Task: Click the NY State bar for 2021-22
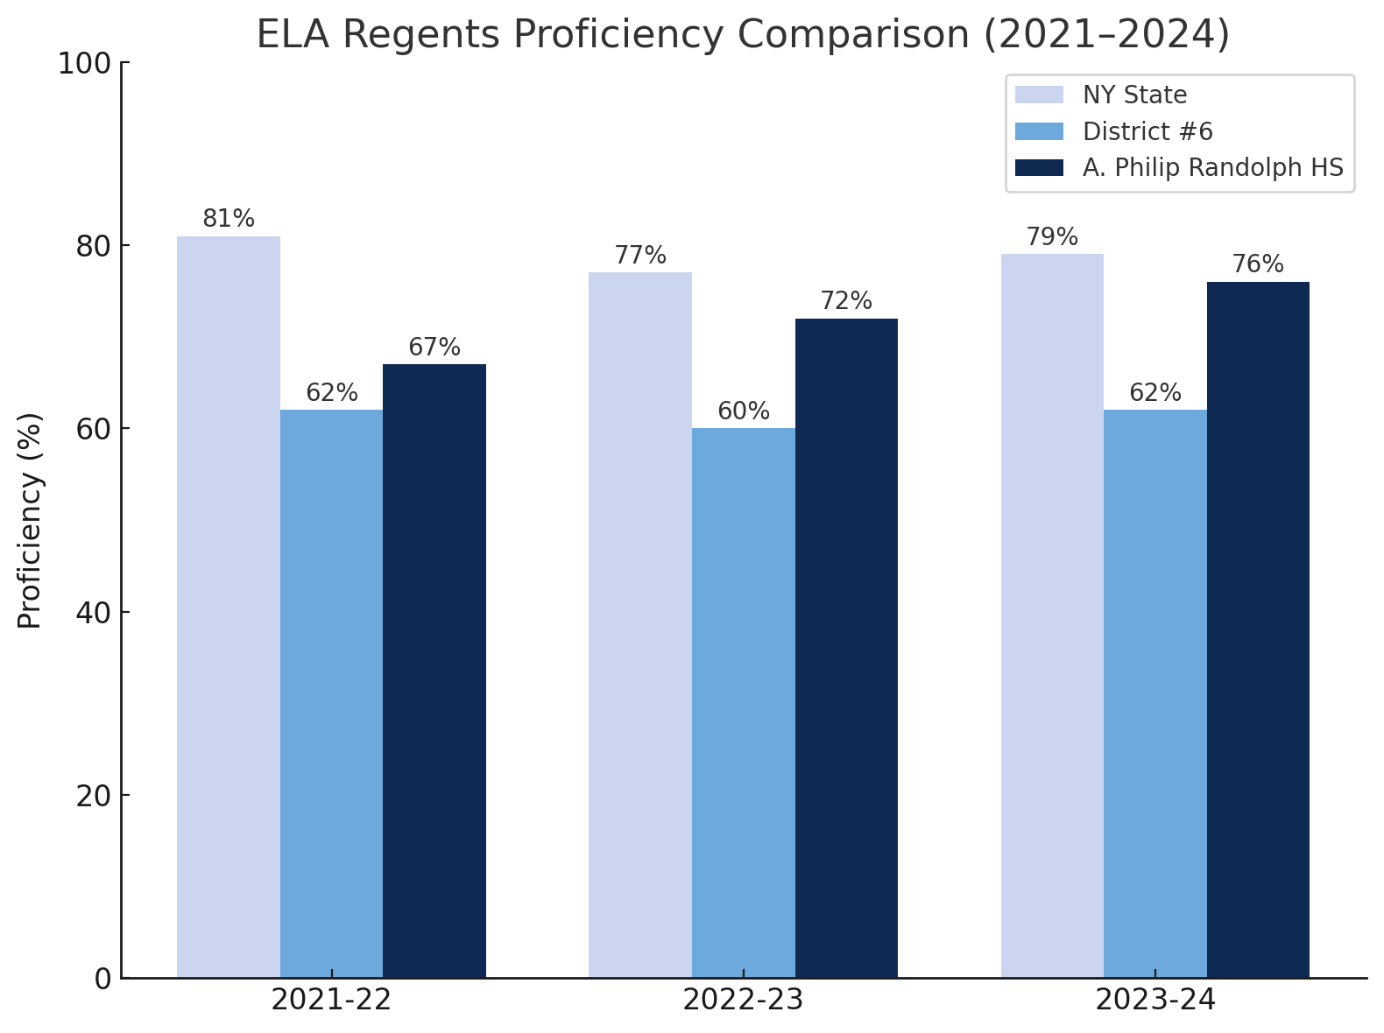(229, 607)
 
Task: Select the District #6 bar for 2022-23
(744, 702)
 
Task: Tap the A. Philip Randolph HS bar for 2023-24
(1258, 629)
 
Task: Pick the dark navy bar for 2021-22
(434, 671)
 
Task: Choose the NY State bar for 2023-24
(1052, 615)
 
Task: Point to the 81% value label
(229, 219)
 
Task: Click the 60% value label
(744, 411)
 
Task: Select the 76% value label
(1258, 264)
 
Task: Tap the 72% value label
(846, 301)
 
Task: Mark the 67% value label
(434, 348)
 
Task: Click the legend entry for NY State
(1134, 95)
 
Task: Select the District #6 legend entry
(1147, 131)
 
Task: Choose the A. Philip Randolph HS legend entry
(1212, 167)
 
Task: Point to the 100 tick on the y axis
(85, 63)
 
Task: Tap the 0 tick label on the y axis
(103, 979)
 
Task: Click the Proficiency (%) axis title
(31, 520)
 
